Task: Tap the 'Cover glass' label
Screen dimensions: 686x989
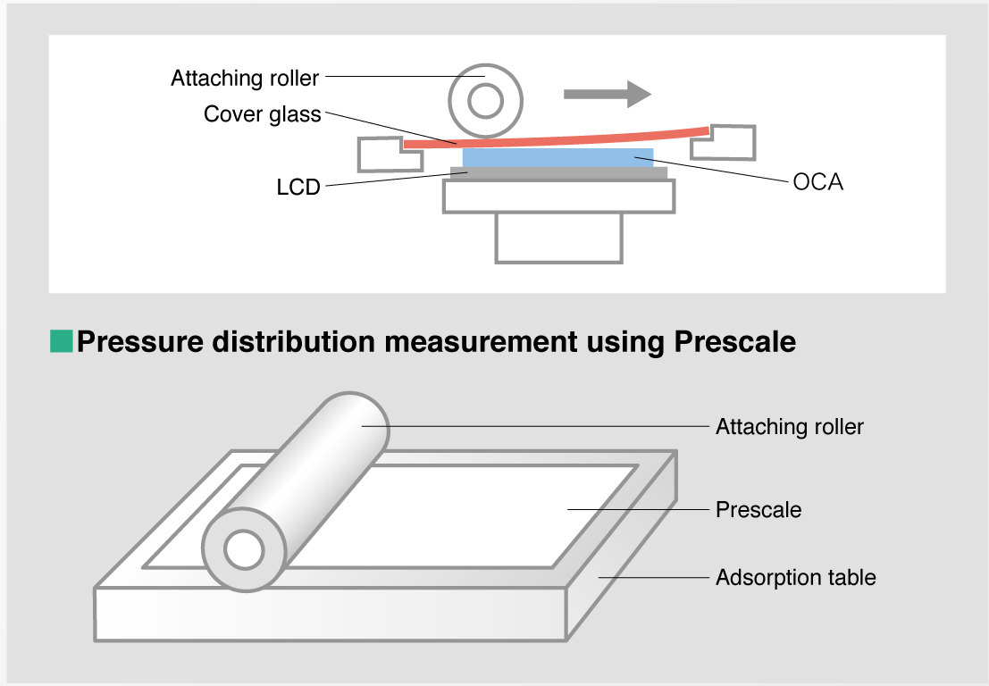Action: [262, 114]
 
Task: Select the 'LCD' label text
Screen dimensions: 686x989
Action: [298, 188]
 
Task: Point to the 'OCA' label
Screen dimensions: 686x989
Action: [817, 183]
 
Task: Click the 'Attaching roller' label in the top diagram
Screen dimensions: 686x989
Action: [244, 79]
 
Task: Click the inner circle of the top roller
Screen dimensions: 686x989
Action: [485, 103]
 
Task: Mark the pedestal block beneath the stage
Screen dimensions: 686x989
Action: [558, 237]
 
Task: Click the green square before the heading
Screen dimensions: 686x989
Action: [61, 340]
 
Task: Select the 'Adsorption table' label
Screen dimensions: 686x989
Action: [795, 578]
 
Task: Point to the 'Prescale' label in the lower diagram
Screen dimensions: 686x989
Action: [759, 510]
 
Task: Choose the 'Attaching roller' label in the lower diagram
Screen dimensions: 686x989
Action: [789, 427]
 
